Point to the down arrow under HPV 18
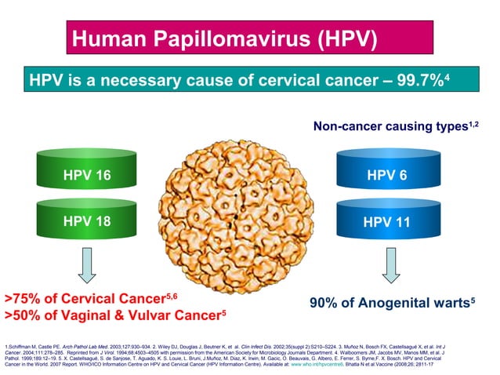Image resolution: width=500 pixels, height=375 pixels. click(x=87, y=266)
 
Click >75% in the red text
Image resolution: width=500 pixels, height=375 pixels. click(x=23, y=299)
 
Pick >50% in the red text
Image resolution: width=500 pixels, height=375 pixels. click(x=23, y=316)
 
